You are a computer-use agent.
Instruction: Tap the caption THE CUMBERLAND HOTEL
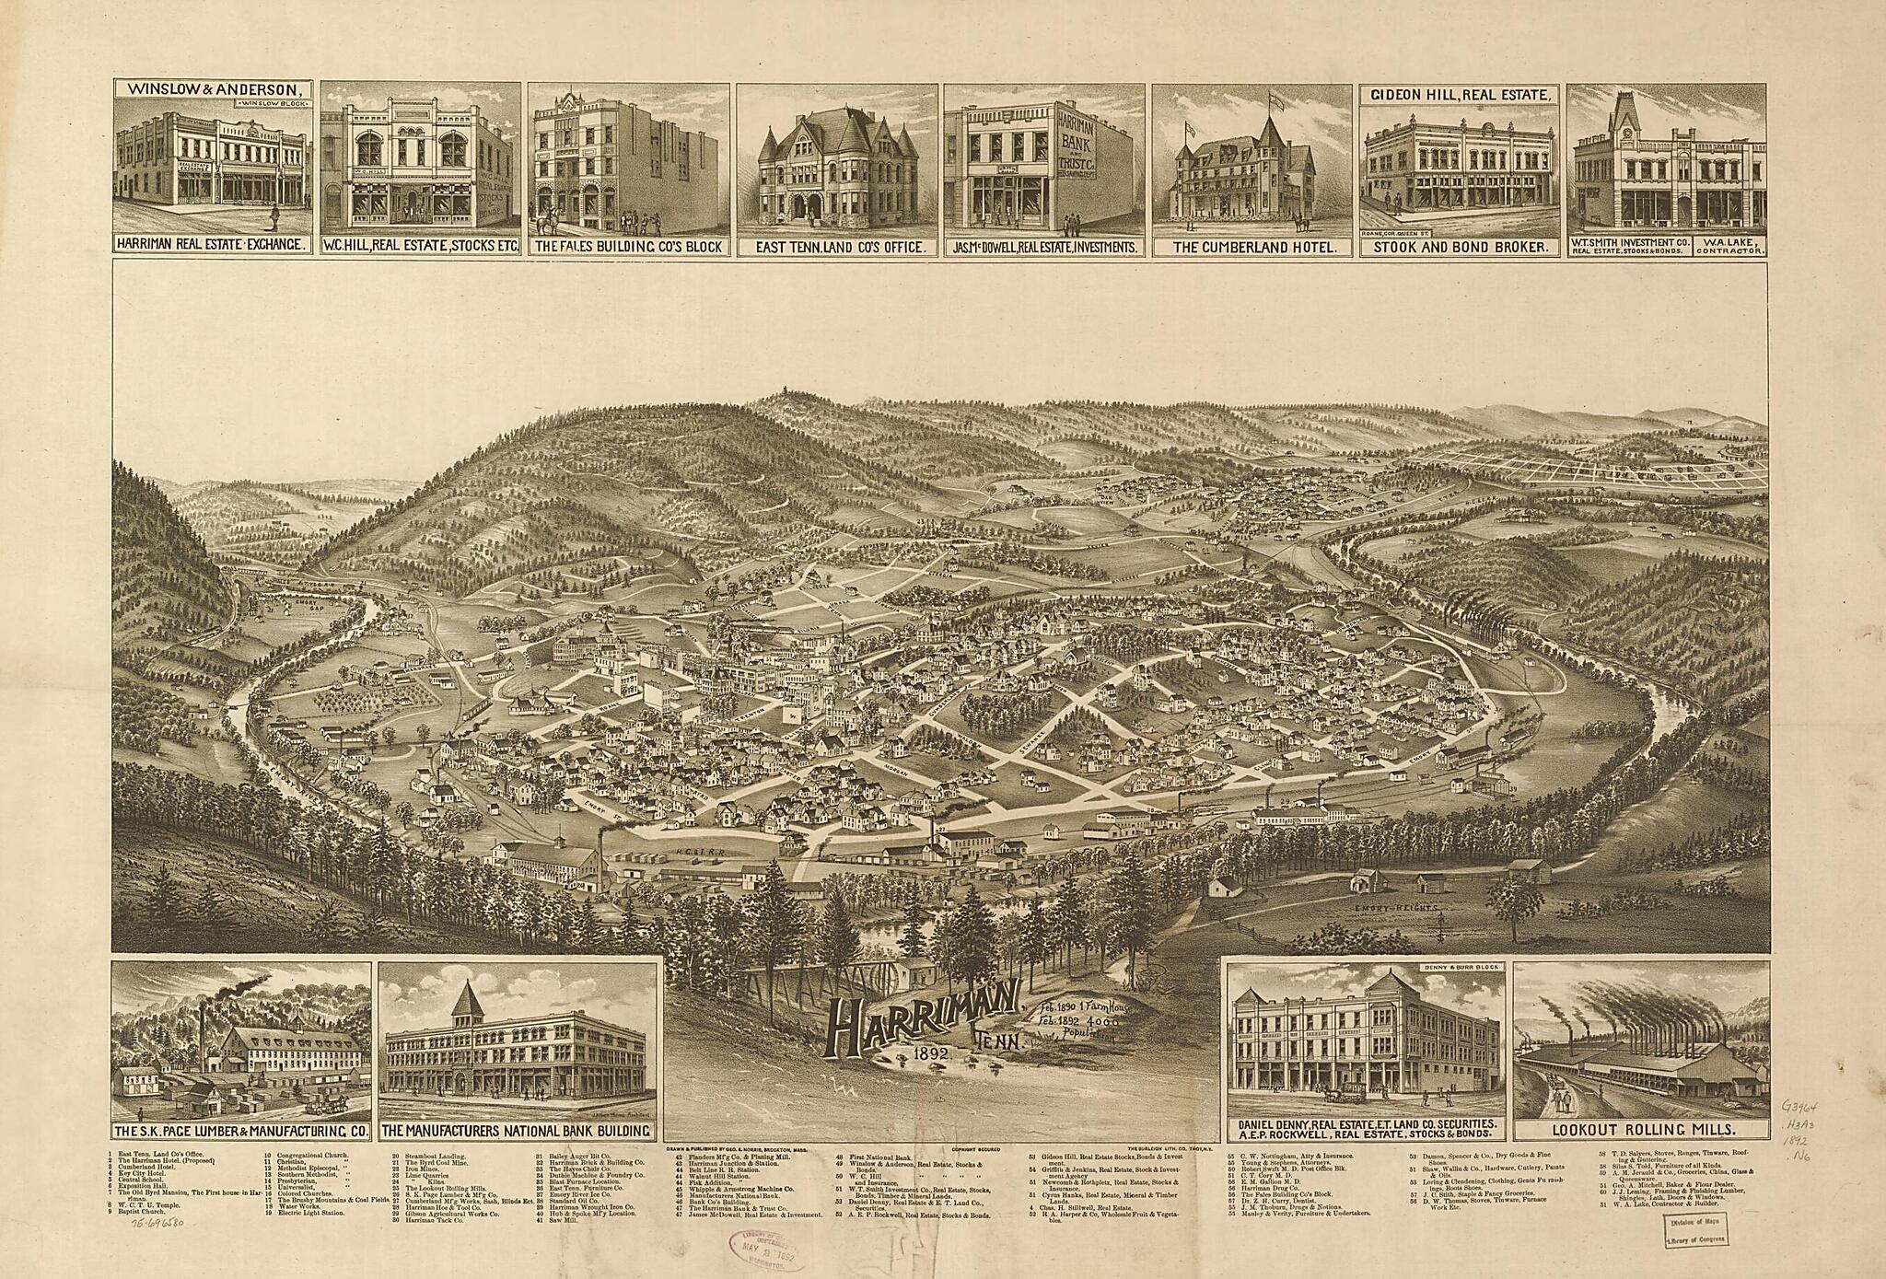point(1252,247)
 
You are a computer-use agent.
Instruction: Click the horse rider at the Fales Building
point(552,217)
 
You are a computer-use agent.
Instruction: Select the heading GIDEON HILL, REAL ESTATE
point(1460,95)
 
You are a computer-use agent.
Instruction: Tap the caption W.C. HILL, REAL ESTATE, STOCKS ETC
point(421,247)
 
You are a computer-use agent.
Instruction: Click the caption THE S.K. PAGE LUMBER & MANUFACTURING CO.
point(241,1130)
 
